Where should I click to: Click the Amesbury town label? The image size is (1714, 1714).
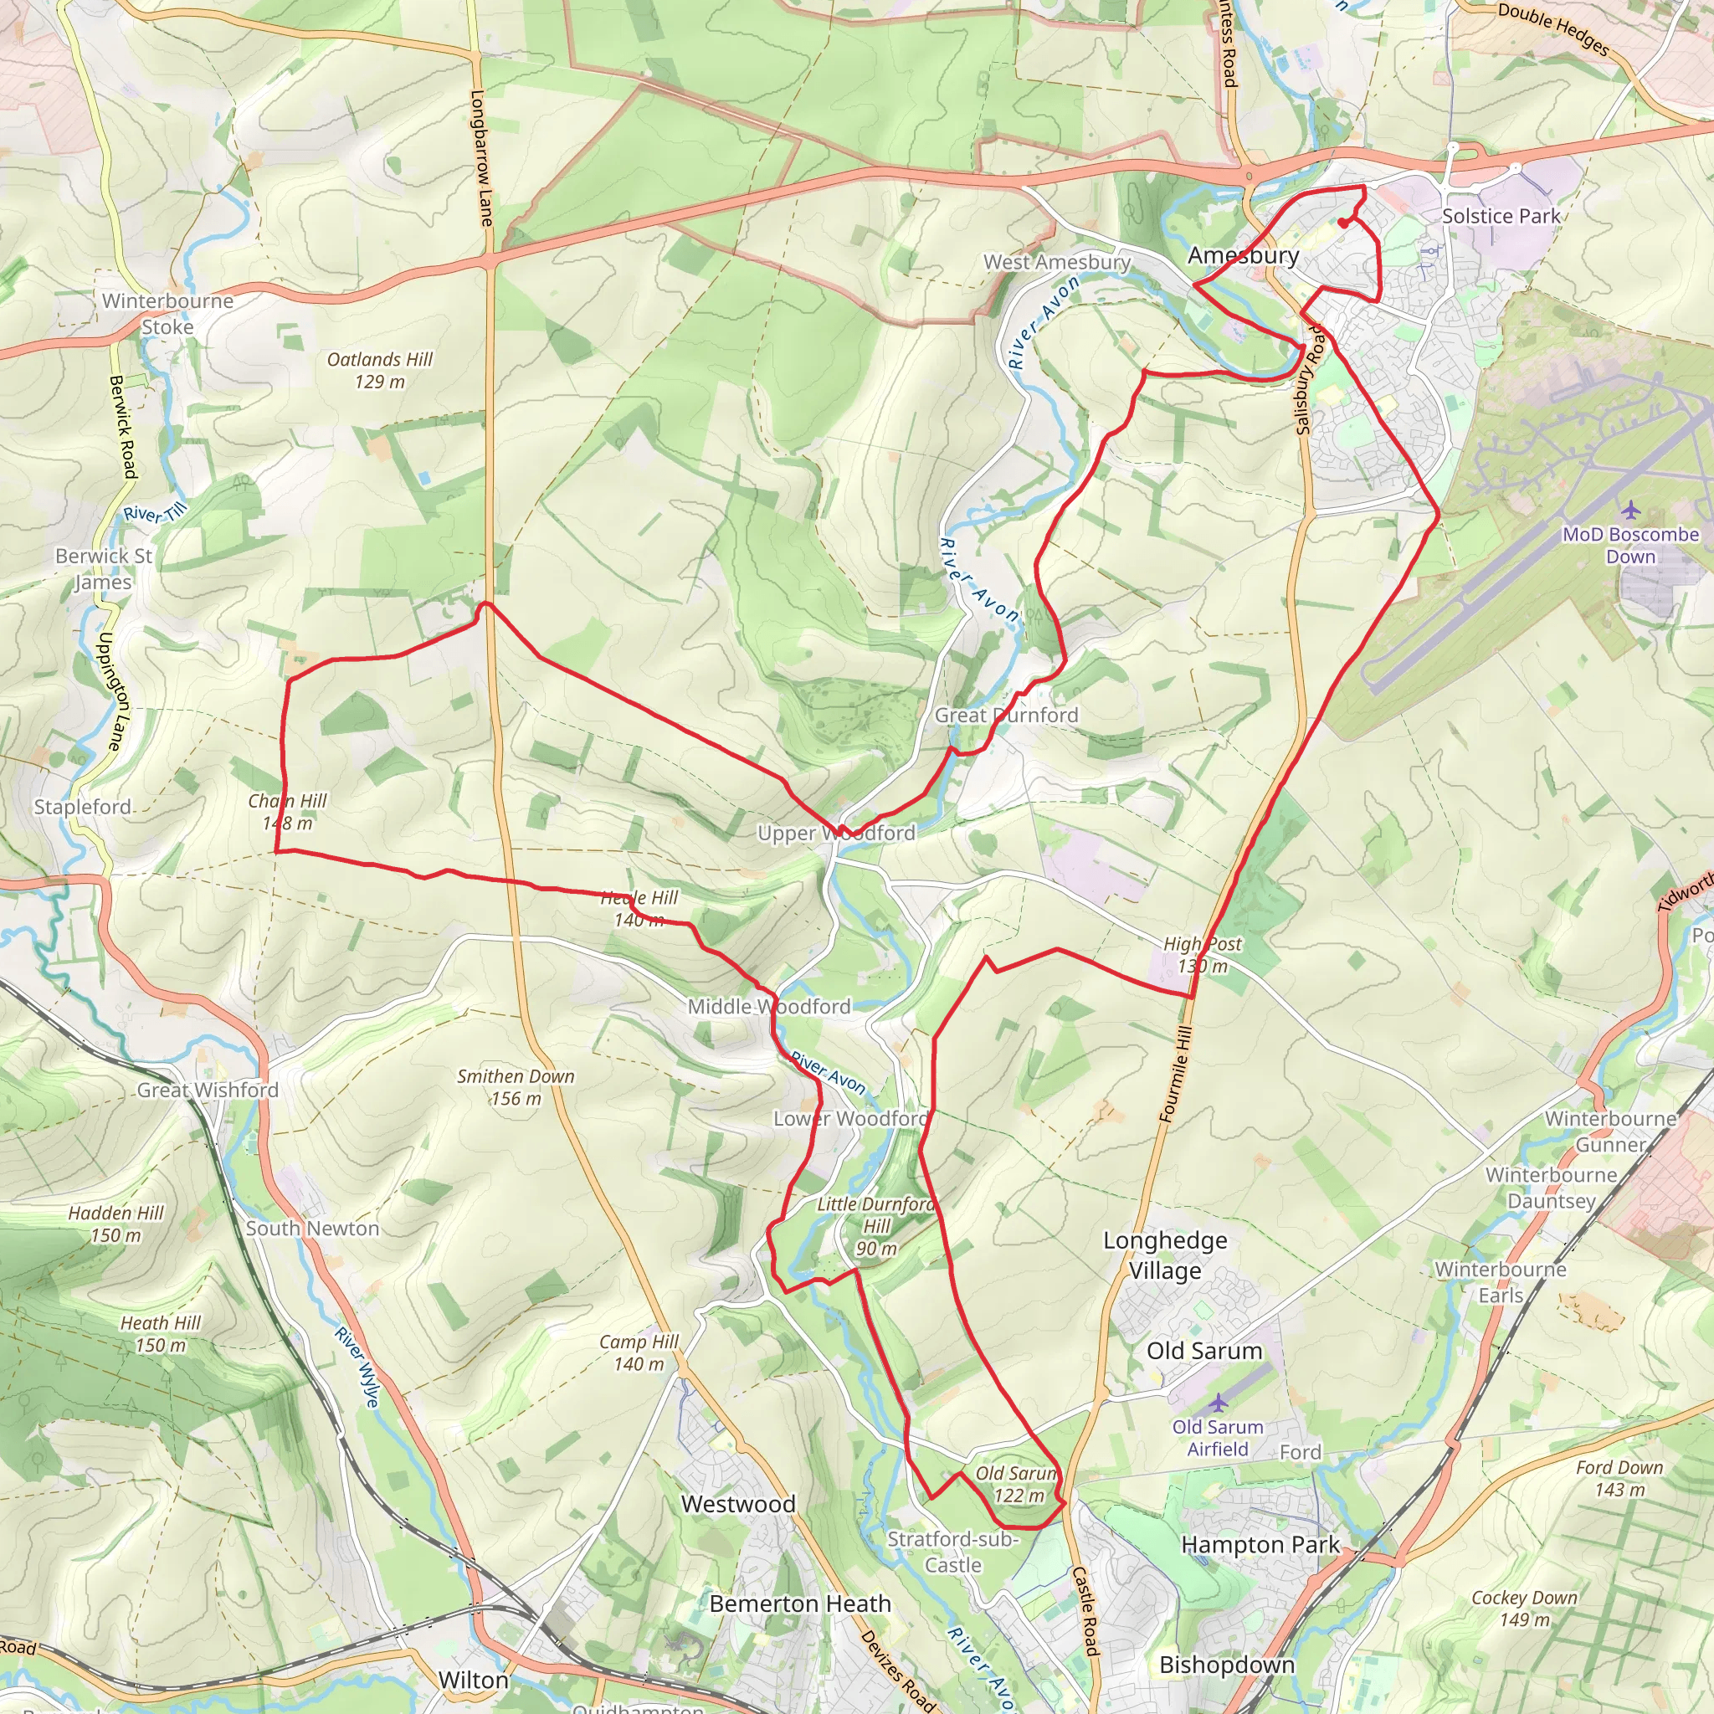pos(1243,255)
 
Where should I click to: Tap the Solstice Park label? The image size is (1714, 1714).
pos(1501,216)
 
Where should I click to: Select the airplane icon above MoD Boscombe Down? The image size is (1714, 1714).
pos(1630,511)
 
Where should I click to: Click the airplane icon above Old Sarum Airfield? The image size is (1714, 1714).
pos(1218,1403)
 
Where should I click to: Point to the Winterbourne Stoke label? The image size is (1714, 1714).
pos(167,313)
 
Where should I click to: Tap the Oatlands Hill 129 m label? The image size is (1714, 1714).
pos(380,370)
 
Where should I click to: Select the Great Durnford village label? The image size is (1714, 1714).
pos(1006,715)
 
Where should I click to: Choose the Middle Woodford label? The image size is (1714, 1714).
pos(769,1006)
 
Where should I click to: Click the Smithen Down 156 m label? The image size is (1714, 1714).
pos(516,1087)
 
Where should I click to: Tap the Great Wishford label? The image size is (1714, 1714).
pos(208,1090)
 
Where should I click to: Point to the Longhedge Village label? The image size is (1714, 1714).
pos(1165,1255)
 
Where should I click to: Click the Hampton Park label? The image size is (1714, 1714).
pos(1260,1545)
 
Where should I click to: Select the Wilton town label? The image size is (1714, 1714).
pos(474,1680)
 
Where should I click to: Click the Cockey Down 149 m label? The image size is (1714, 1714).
pos(1524,1608)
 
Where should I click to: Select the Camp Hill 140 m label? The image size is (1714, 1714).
pos(638,1353)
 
